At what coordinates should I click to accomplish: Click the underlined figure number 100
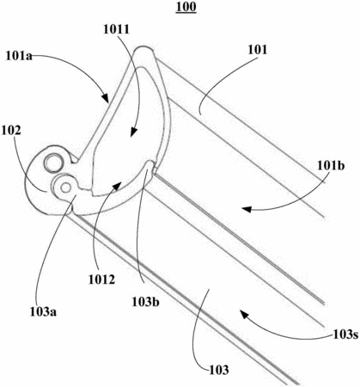[186, 7]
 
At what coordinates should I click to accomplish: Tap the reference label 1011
[116, 29]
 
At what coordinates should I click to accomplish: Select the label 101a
[19, 56]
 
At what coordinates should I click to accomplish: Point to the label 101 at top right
[258, 50]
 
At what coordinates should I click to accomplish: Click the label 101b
[331, 165]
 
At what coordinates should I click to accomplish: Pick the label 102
[11, 131]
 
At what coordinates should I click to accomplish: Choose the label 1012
[101, 279]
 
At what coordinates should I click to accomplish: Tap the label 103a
[43, 311]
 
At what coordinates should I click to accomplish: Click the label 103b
[145, 302]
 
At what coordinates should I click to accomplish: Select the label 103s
[345, 335]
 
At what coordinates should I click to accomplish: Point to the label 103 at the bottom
[219, 370]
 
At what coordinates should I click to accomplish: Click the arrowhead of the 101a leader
[106, 97]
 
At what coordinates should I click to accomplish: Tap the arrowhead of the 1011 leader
[133, 132]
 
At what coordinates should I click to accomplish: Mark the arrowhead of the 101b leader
[247, 209]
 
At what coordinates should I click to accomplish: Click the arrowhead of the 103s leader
[244, 315]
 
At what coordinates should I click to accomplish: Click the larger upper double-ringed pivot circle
[53, 163]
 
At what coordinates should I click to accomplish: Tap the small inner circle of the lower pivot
[65, 187]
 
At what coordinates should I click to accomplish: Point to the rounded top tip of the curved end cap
[144, 49]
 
